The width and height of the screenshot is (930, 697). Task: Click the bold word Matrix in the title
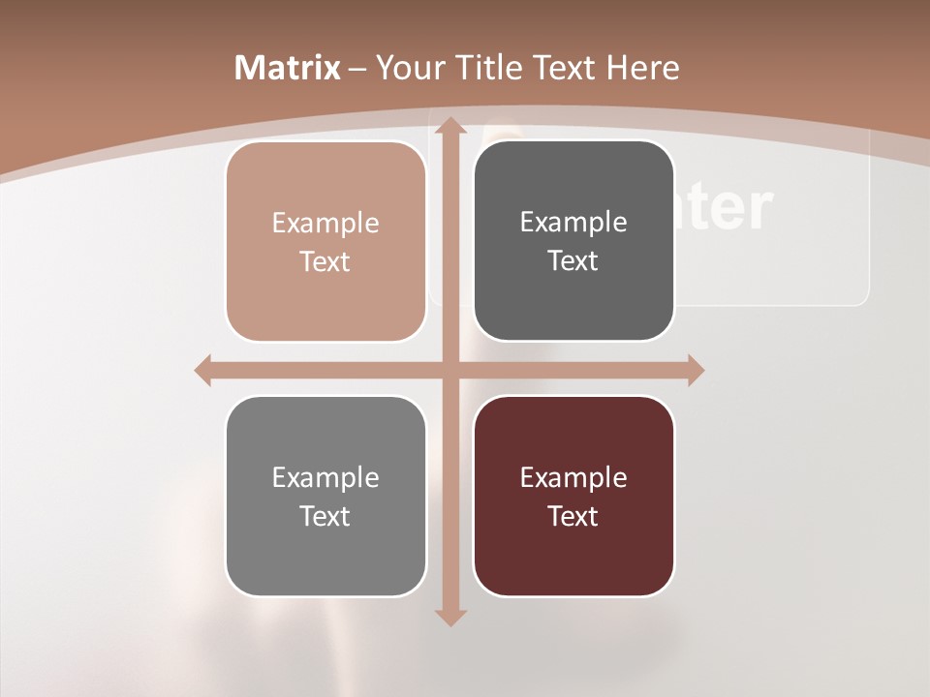coord(288,68)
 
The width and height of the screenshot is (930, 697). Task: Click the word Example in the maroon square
coord(573,477)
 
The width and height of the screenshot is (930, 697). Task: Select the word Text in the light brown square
coord(325,261)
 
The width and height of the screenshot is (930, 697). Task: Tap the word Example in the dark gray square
coord(573,222)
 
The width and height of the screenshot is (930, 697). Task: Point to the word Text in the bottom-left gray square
coord(325,516)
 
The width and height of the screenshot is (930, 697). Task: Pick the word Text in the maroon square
coord(573,516)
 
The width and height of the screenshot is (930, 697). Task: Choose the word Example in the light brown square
coord(325,223)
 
